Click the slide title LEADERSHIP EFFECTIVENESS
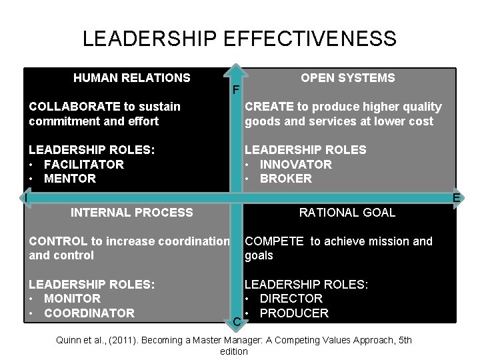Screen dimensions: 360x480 [239, 38]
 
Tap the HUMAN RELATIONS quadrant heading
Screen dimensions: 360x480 [131, 78]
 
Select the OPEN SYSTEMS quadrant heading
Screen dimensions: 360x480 [347, 78]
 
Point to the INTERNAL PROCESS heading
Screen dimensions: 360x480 [131, 213]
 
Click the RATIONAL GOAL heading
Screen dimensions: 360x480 [347, 213]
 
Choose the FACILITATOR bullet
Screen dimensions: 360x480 [83, 164]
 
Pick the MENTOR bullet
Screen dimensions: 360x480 [69, 179]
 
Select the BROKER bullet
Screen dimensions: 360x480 [285, 179]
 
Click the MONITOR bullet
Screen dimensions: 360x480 [72, 299]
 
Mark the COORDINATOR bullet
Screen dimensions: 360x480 [89, 313]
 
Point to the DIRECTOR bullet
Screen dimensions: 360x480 [291, 299]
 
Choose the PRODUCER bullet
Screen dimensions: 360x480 [294, 313]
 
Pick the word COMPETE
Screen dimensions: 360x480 [274, 241]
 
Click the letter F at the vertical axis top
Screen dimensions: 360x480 [235, 91]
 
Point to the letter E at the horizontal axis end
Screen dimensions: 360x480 [457, 198]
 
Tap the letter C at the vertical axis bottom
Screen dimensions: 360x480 [237, 323]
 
